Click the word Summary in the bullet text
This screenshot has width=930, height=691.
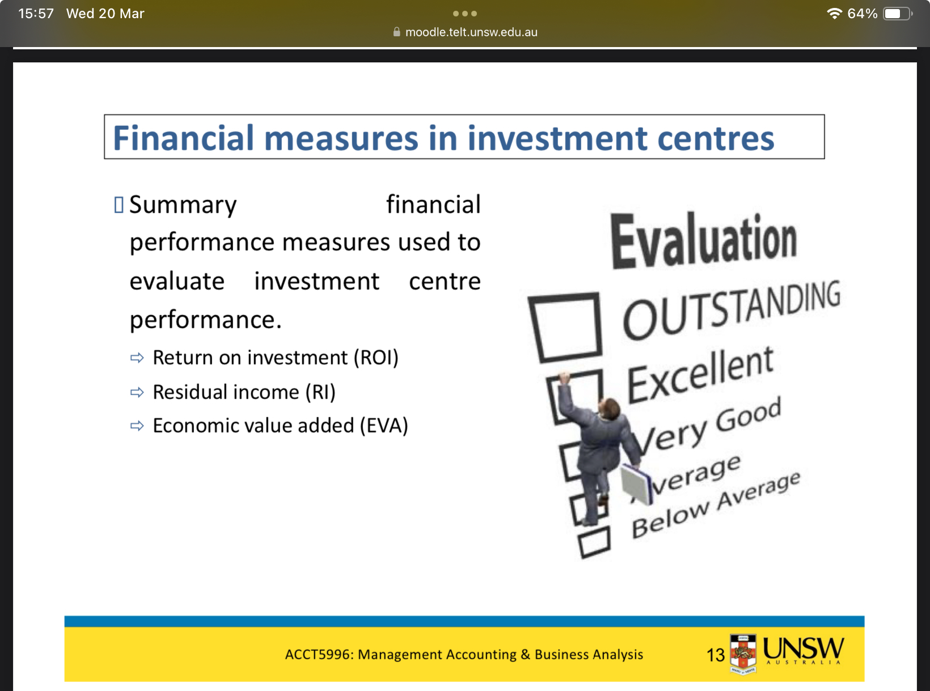(183, 205)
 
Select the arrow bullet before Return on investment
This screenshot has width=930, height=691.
(137, 358)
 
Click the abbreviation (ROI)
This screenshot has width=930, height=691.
(376, 358)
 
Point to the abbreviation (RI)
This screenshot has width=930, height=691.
(320, 392)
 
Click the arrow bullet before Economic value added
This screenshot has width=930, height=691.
(137, 426)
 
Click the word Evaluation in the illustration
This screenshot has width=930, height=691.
(704, 240)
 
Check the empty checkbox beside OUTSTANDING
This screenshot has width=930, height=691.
(565, 327)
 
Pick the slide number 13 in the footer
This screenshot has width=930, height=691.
(715, 655)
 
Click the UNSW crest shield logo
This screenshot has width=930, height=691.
(743, 654)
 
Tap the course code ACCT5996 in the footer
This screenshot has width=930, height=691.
(318, 655)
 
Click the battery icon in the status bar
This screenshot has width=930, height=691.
(897, 14)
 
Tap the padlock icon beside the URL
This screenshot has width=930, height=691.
(396, 32)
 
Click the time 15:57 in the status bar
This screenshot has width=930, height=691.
(36, 14)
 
